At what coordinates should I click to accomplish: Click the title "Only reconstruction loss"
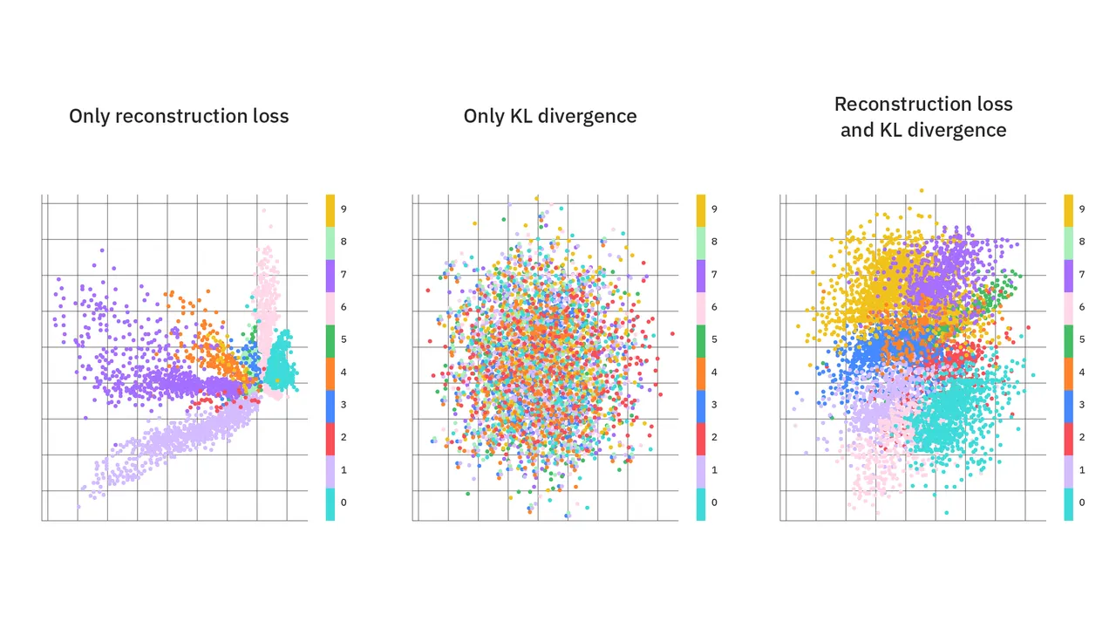[x=179, y=116]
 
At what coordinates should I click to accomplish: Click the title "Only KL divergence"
[x=550, y=116]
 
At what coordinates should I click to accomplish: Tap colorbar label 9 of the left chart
[x=344, y=209]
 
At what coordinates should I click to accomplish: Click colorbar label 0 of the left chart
[x=344, y=503]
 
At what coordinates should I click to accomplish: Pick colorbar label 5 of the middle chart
[x=714, y=339]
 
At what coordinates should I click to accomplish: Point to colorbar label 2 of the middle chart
[x=714, y=437]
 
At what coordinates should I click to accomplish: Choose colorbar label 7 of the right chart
[x=1082, y=274]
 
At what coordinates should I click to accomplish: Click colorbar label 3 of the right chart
[x=1082, y=405]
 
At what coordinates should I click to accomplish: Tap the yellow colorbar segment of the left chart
[x=330, y=211]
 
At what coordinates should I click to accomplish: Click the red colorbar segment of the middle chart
[x=701, y=439]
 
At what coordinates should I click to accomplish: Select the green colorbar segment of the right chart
[x=1069, y=341]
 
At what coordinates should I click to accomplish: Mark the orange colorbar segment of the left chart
[x=330, y=373]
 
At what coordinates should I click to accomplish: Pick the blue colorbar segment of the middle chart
[x=701, y=407]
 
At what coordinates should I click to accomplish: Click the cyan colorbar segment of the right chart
[x=1069, y=504]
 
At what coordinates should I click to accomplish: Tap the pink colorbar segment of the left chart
[x=330, y=309]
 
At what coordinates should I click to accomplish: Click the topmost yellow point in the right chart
[x=922, y=190]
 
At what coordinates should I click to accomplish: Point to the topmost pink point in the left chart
[x=263, y=211]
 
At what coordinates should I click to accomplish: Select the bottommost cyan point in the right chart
[x=947, y=513]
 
